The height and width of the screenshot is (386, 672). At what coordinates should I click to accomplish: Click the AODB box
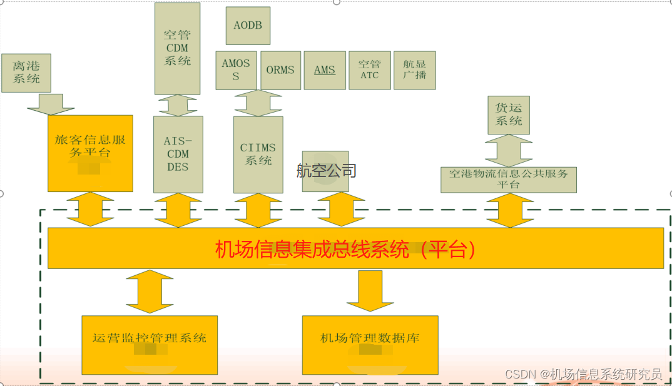[x=248, y=26]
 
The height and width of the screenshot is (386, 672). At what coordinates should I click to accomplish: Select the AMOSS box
[x=236, y=70]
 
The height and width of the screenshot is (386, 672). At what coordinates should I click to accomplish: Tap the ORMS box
[x=280, y=70]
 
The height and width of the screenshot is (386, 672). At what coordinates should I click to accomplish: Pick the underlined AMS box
[x=325, y=70]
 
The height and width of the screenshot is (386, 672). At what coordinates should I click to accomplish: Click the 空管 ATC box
[x=369, y=70]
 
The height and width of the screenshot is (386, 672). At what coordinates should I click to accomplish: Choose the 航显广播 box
[x=414, y=70]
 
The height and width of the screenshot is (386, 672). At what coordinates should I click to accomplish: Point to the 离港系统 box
[x=26, y=72]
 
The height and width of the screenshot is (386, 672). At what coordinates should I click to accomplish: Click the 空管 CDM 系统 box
[x=178, y=48]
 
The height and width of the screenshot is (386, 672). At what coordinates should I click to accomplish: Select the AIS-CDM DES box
[x=178, y=154]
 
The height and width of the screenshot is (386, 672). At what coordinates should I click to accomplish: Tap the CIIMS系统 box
[x=258, y=154]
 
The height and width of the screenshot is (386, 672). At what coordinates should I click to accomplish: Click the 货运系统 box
[x=509, y=114]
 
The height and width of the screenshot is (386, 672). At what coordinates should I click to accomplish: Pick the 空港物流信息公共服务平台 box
[x=508, y=179]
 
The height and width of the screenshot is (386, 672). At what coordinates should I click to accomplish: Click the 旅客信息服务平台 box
[x=90, y=153]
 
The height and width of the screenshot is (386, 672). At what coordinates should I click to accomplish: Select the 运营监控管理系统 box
[x=150, y=345]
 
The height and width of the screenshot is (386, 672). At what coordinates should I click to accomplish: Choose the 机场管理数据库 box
[x=370, y=345]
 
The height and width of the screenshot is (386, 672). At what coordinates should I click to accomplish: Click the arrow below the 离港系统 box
[x=50, y=104]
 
